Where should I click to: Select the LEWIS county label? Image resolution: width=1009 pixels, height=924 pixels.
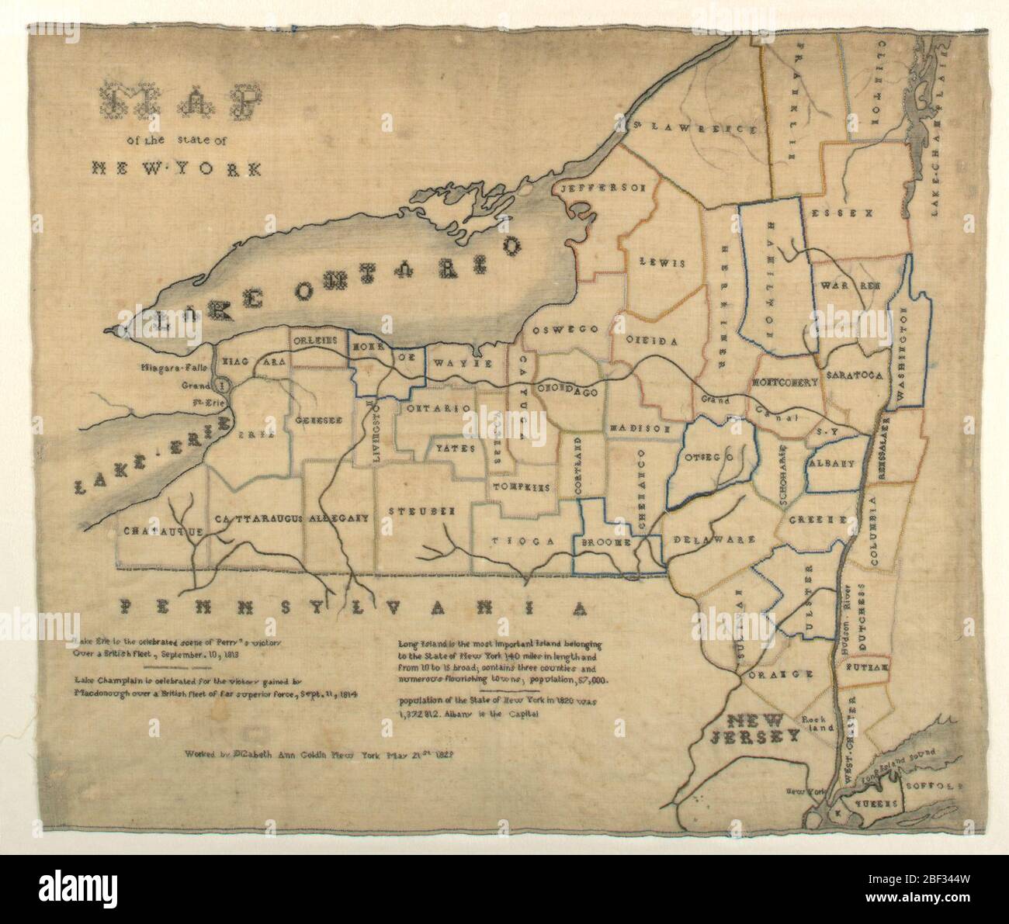coord(661,262)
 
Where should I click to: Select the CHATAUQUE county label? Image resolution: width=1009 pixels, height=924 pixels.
coord(162,531)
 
